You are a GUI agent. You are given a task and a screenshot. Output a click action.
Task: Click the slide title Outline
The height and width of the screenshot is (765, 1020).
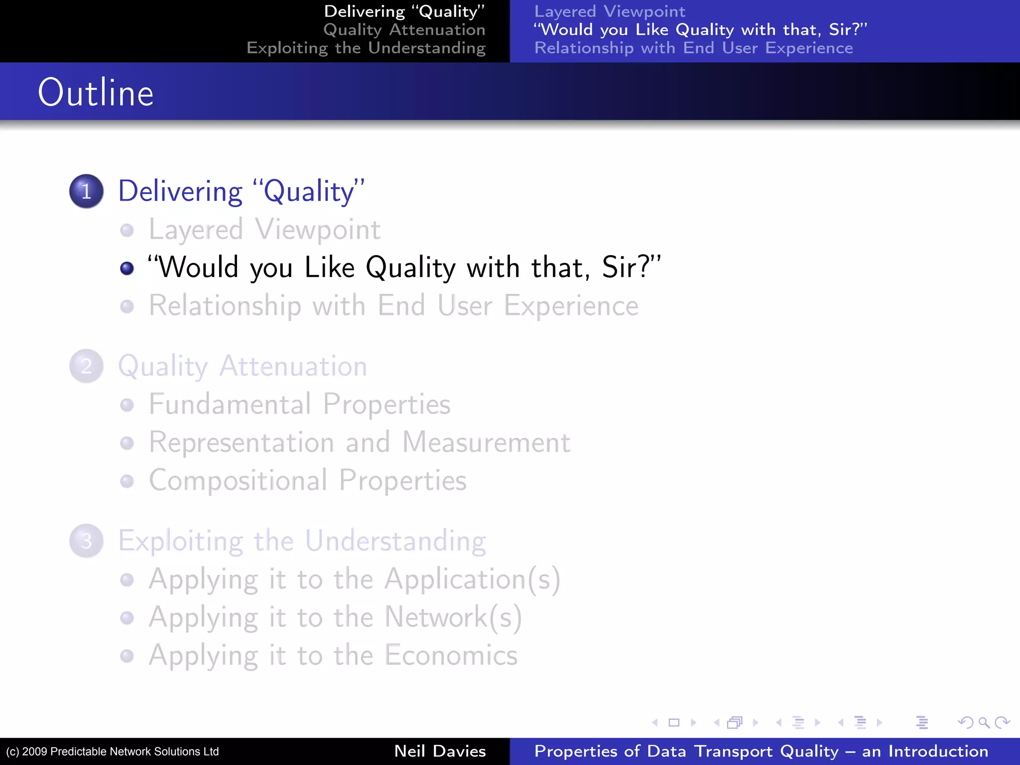pos(96,93)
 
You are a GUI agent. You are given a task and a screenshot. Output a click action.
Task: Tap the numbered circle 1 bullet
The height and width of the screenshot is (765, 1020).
pos(87,191)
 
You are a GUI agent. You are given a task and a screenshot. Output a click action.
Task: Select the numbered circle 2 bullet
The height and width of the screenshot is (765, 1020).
pos(87,366)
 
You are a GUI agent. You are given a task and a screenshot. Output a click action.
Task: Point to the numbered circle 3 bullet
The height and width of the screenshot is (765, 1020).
pos(87,541)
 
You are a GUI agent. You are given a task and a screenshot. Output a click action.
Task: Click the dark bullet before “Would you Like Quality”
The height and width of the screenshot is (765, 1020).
pos(127,268)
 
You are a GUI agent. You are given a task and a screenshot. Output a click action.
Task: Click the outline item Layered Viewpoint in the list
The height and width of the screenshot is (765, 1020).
pos(264,230)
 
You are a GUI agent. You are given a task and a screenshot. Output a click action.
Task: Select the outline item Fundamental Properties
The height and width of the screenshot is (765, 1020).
pos(299,404)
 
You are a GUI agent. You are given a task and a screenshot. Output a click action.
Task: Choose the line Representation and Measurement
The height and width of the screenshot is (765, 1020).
pos(359,442)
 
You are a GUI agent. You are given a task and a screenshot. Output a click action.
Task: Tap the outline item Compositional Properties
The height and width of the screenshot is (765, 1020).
pos(307,481)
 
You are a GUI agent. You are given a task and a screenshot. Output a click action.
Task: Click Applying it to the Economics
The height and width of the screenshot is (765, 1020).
pos(333,655)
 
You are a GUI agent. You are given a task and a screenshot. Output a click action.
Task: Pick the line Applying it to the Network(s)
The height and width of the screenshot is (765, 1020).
pos(335,618)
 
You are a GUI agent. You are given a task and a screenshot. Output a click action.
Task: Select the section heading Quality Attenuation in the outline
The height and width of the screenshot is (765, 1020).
pos(243,367)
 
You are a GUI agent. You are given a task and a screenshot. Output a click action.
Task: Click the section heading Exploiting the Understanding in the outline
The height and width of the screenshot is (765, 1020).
pos(302,541)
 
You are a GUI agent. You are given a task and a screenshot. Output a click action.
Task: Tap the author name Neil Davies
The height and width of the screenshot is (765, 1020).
pos(440,751)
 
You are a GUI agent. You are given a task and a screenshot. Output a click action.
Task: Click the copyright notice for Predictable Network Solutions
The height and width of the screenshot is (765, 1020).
pos(113,752)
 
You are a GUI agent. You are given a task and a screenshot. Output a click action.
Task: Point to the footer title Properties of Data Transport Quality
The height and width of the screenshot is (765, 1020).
pos(761,751)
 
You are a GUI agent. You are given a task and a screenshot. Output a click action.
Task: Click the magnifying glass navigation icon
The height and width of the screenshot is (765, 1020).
pos(984,722)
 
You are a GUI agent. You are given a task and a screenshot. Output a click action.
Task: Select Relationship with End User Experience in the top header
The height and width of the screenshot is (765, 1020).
pos(693,48)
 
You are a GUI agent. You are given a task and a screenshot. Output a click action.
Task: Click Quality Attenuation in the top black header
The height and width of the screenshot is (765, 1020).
pos(404,30)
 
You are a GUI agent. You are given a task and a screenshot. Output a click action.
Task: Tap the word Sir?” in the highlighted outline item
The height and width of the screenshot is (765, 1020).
pos(631,267)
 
